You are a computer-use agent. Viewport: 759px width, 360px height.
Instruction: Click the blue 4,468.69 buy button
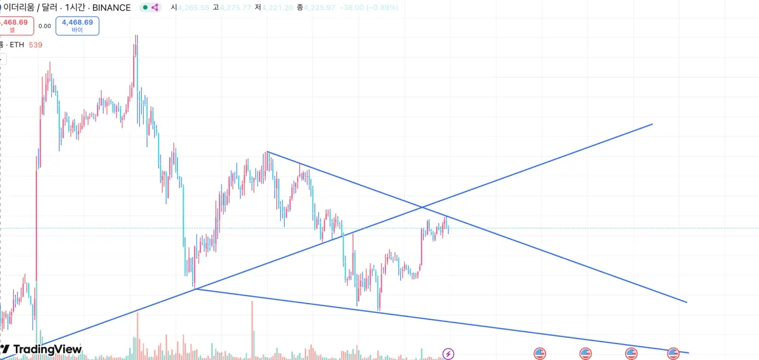click(77, 25)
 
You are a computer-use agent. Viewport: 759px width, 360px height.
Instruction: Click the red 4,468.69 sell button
click(14, 25)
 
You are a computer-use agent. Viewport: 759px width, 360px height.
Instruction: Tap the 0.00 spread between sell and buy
click(44, 26)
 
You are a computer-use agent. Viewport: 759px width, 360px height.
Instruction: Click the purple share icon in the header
click(155, 8)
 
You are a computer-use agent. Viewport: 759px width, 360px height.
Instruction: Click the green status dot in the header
click(145, 8)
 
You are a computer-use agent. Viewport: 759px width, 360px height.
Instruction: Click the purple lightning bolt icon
click(448, 353)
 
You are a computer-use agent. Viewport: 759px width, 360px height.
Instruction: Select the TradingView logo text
click(47, 349)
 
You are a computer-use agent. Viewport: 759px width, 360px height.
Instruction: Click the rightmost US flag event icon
click(673, 353)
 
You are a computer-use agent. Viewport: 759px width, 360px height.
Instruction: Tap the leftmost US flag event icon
click(540, 353)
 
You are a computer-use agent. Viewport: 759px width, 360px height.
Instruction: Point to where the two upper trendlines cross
click(423, 207)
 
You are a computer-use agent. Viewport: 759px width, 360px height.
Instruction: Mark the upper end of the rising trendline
click(652, 124)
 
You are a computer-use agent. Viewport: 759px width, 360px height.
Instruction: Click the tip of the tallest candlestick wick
click(135, 35)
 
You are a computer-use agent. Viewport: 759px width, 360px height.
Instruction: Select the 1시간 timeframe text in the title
click(77, 8)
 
